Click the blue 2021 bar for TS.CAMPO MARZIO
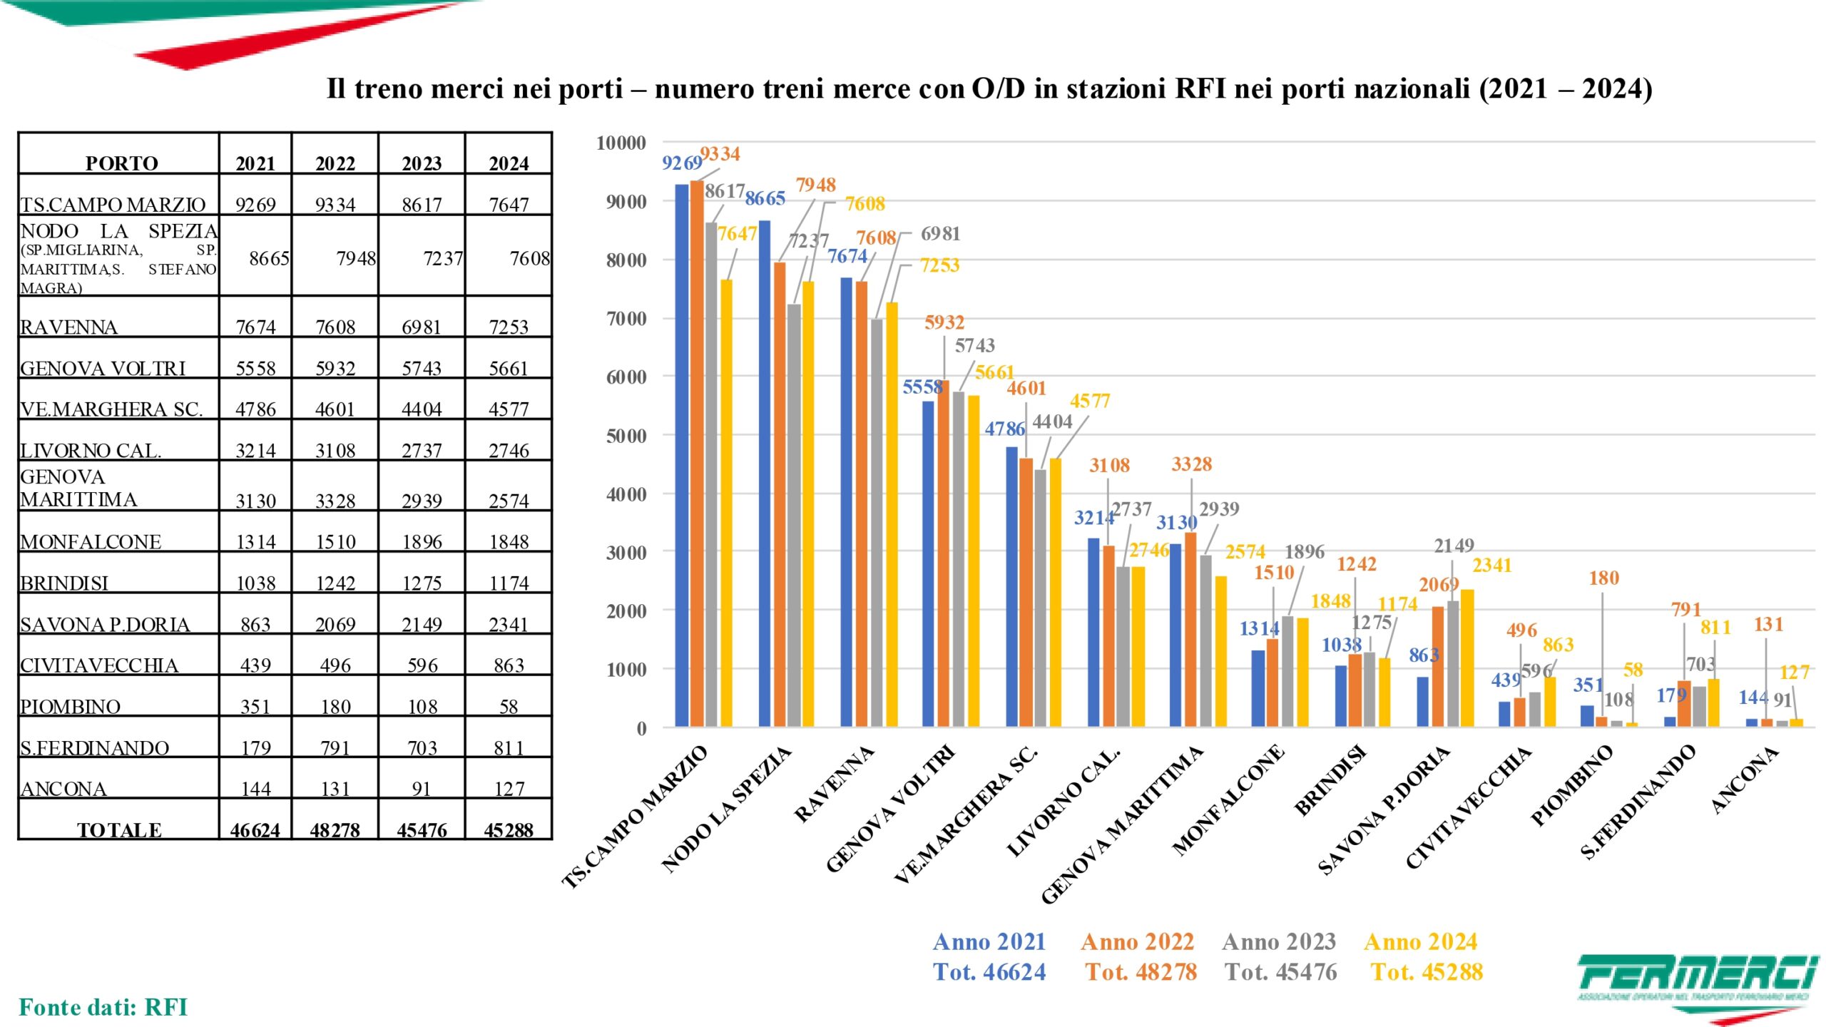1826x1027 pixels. pos(682,456)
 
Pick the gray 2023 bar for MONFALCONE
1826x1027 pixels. pos(1287,671)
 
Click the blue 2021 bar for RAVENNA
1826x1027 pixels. pos(847,502)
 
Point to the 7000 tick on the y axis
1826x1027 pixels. pos(626,319)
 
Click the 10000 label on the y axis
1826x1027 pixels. pos(621,143)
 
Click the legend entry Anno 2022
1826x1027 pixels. pos(1137,942)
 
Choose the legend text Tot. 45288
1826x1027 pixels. pos(1427,972)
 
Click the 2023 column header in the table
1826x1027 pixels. pos(422,163)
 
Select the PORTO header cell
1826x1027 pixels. pos(121,163)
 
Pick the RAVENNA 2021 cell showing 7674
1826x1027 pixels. pos(255,327)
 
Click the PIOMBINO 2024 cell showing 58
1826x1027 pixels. pos(509,707)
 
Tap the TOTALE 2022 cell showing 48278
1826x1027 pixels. pos(335,830)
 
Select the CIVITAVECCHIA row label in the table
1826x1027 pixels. pos(99,665)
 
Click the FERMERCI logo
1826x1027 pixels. pos(1698,984)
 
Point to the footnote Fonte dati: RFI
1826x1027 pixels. pos(103,1007)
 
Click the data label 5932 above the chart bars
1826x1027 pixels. pos(944,322)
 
